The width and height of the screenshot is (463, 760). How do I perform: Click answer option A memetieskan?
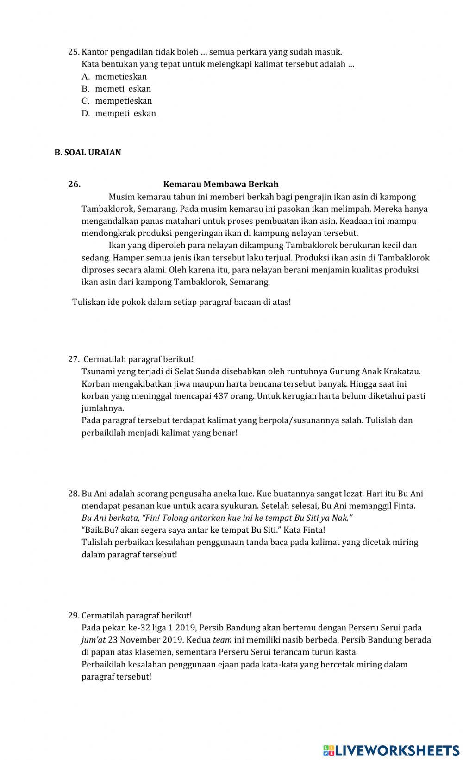120,77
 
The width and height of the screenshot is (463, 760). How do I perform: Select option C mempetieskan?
123,101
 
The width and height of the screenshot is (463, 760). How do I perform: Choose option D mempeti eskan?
125,113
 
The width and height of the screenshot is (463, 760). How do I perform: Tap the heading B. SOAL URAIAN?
88,153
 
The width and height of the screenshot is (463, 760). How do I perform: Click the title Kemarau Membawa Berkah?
221,184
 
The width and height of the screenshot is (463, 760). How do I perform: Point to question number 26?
74,184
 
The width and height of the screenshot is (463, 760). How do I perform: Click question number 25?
74,52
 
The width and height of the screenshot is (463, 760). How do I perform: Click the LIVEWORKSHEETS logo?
391,750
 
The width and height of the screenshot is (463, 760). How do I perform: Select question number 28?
74,494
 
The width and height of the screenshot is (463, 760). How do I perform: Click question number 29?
74,616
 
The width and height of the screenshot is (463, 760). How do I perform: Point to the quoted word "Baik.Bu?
100,530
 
